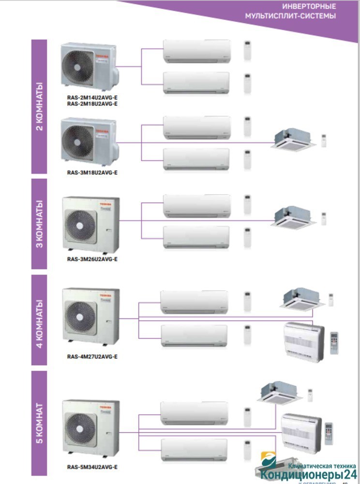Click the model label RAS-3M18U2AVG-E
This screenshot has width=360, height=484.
click(x=92, y=172)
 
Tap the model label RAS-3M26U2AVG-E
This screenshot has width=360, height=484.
click(x=92, y=259)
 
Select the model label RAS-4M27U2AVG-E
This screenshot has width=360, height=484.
click(x=92, y=357)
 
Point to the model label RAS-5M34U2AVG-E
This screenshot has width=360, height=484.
click(x=92, y=467)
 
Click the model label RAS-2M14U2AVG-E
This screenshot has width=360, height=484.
click(x=92, y=97)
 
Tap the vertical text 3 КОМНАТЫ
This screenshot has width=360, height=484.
click(x=40, y=224)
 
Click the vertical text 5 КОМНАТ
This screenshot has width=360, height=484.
click(x=40, y=423)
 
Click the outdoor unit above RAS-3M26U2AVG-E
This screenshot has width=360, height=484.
click(x=91, y=225)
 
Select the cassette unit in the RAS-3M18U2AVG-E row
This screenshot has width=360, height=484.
click(x=291, y=140)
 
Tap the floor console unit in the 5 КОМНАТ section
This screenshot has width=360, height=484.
click(x=301, y=431)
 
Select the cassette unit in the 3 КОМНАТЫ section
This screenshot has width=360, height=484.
click(x=291, y=217)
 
